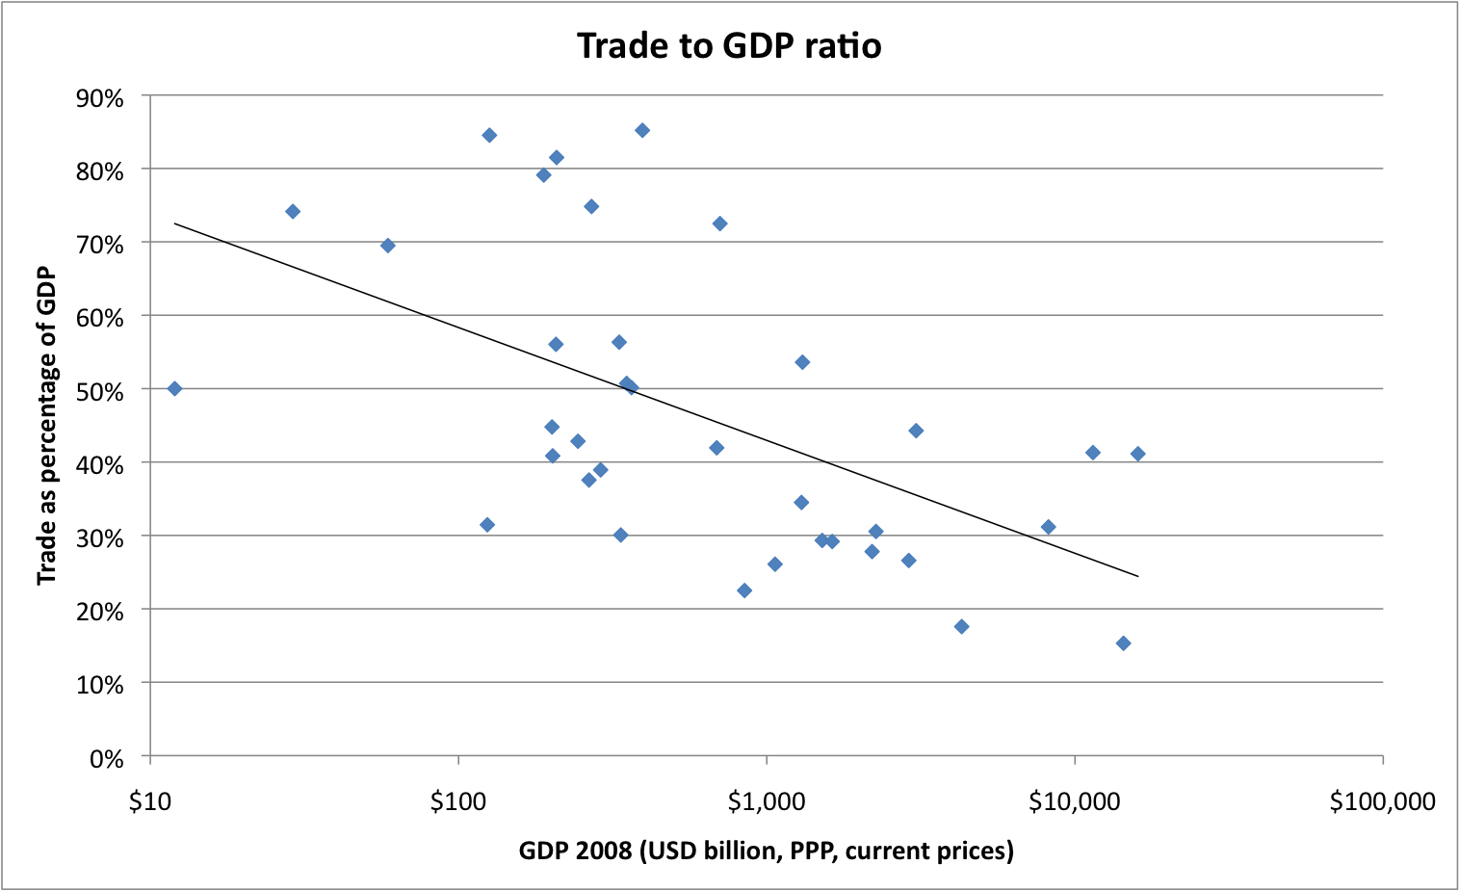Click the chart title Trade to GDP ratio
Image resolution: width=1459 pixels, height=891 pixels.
[x=729, y=45]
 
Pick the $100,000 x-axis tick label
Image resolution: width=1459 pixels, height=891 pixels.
[x=1382, y=801]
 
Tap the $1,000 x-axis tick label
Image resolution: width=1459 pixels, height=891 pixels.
[x=766, y=801]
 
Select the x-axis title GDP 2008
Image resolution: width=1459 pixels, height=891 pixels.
[x=766, y=851]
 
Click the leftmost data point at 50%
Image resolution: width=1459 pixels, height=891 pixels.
[x=174, y=388]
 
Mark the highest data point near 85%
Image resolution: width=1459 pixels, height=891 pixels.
[x=642, y=130]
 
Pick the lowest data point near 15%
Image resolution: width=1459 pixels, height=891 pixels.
[x=1123, y=642]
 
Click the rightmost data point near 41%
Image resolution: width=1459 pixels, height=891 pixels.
[x=1137, y=454]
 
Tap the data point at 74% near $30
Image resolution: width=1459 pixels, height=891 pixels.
[x=293, y=211]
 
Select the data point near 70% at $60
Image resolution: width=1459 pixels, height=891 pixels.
[x=388, y=245]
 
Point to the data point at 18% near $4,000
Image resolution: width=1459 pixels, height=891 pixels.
[x=961, y=626]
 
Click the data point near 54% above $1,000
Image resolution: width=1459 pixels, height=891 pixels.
[x=802, y=362]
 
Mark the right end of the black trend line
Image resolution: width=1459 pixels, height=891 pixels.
[x=1137, y=576]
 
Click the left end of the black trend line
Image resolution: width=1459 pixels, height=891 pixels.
[x=174, y=223]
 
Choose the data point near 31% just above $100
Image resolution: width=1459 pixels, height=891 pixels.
[x=487, y=524]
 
